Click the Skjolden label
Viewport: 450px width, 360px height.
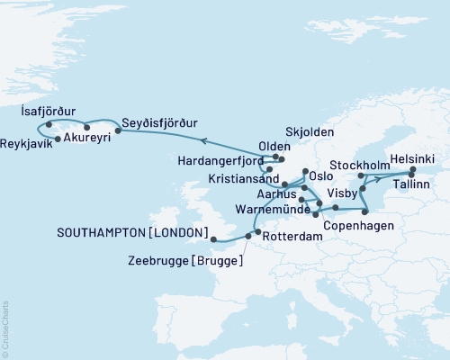[x=309, y=131]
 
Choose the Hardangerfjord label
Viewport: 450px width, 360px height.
[x=221, y=160]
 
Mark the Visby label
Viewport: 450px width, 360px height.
[x=340, y=193]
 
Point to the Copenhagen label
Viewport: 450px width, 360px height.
[x=359, y=224]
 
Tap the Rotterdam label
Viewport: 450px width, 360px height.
[x=293, y=236]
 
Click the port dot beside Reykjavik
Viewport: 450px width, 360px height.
[x=58, y=139]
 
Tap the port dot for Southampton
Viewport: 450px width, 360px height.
[x=213, y=238]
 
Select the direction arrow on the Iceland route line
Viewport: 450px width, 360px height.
[x=203, y=140]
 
